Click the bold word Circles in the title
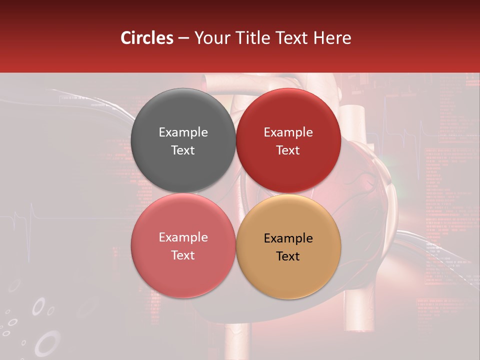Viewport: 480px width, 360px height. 147,38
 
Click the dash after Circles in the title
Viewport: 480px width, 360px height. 183,38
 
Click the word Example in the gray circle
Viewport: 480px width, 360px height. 183,132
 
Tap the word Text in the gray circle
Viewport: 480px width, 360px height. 183,150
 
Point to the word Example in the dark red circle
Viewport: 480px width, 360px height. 288,132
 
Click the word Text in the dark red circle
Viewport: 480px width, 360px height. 288,150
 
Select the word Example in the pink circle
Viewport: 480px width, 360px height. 183,237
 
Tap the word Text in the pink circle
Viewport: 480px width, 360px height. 183,255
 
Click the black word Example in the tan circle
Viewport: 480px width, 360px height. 288,238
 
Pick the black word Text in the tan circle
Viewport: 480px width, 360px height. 288,256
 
